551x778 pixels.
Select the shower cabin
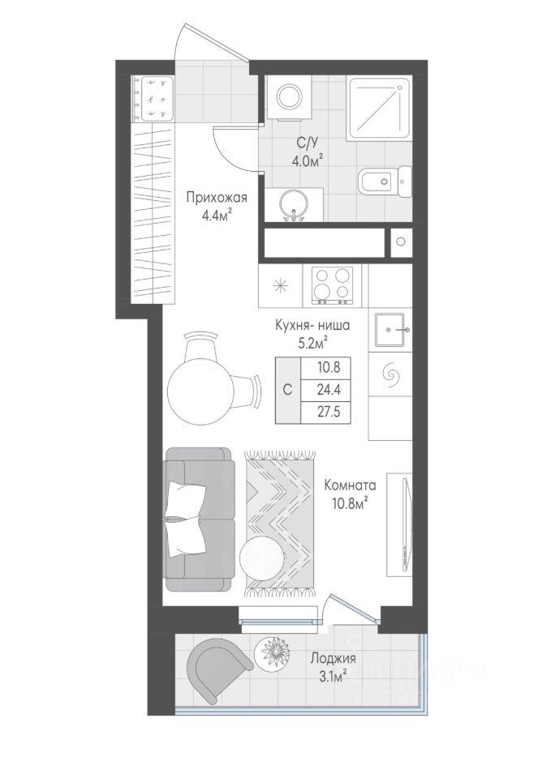(x=380, y=108)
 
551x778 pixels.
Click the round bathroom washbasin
(x=294, y=204)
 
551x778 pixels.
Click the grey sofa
(x=200, y=519)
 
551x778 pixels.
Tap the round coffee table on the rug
(x=263, y=558)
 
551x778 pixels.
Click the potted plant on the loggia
(x=273, y=652)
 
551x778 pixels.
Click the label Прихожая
(x=217, y=198)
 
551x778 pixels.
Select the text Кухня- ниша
(x=312, y=326)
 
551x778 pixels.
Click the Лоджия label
(x=333, y=658)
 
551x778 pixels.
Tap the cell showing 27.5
(x=326, y=413)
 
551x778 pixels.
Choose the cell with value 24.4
(x=326, y=391)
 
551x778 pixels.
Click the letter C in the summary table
(x=288, y=390)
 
